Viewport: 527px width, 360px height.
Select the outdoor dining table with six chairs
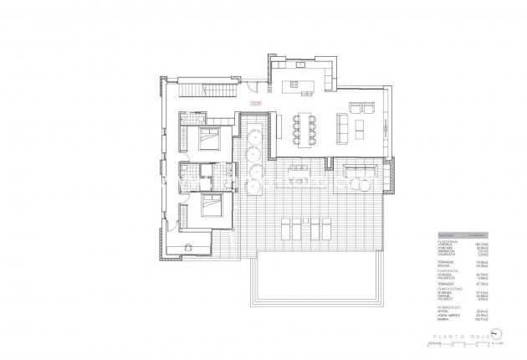[x=297, y=173]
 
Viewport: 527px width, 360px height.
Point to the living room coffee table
[x=361, y=127]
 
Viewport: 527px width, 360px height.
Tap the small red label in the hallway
[x=254, y=103]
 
